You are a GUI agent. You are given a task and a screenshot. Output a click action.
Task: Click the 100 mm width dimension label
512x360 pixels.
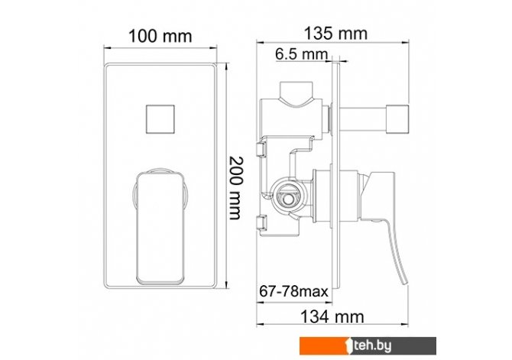point(160,36)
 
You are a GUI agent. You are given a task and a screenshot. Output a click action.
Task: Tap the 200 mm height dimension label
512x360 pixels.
point(236,188)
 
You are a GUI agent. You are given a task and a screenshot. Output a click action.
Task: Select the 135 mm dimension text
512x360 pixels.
point(335,34)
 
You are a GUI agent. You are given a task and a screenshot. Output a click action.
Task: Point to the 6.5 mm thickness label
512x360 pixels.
point(301,54)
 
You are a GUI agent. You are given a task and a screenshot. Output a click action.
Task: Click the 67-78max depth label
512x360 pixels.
point(293,290)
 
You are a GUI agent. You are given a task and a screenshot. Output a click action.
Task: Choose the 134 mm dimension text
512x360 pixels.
point(332,316)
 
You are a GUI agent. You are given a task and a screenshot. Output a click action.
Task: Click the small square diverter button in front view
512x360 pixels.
point(160,119)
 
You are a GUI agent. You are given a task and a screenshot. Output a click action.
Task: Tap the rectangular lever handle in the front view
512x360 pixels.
point(160,228)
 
